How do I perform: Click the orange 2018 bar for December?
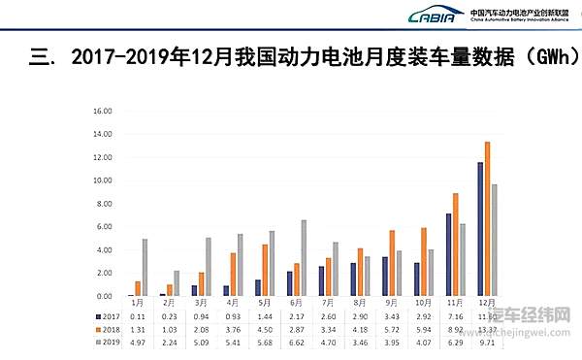(x=487, y=219)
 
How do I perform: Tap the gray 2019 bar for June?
(x=303, y=258)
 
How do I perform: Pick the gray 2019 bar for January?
(x=145, y=267)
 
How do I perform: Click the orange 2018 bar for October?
(x=424, y=261)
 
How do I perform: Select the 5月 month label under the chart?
(x=265, y=304)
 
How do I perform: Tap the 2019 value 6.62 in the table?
(x=296, y=341)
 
